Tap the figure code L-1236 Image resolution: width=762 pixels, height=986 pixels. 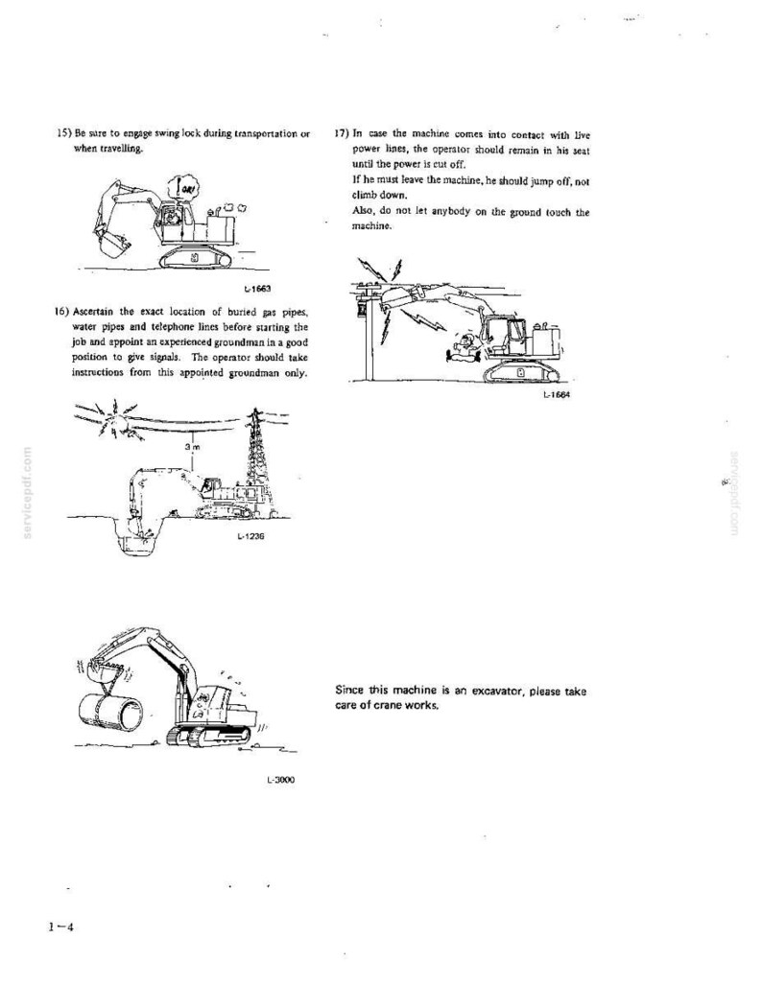point(250,537)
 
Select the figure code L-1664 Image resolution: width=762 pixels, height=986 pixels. point(557,395)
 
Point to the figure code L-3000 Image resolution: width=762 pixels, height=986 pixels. point(280,781)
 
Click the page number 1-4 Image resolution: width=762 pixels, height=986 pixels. point(60,927)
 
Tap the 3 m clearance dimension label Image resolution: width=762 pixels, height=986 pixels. point(193,447)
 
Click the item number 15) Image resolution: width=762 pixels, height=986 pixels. point(63,133)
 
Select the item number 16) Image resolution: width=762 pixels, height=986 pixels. point(62,312)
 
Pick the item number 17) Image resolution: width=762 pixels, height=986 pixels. point(342,133)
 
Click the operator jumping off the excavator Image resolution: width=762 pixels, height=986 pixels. point(464,347)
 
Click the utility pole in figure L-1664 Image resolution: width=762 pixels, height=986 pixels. point(369,332)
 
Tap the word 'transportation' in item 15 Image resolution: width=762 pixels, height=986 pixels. point(265,134)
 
